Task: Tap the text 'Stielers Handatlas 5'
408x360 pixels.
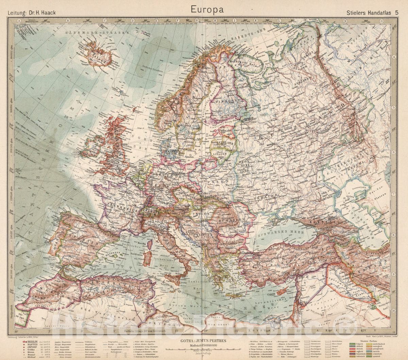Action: click(x=373, y=12)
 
